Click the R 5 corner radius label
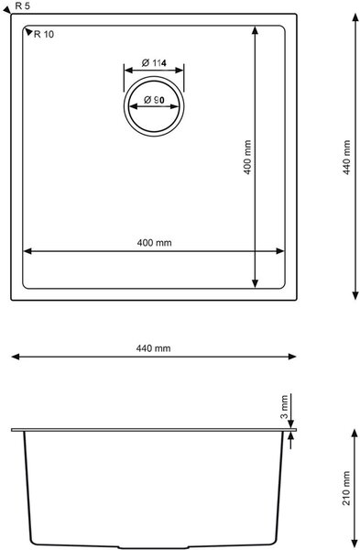point(22,6)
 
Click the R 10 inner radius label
point(44,35)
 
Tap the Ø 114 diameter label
point(154,62)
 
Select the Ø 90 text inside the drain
point(154,100)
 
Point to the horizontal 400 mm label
point(154,243)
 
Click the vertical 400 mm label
point(247,157)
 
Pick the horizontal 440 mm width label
point(154,348)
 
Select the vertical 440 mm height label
point(346,157)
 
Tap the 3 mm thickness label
point(284,407)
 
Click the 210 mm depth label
point(346,488)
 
